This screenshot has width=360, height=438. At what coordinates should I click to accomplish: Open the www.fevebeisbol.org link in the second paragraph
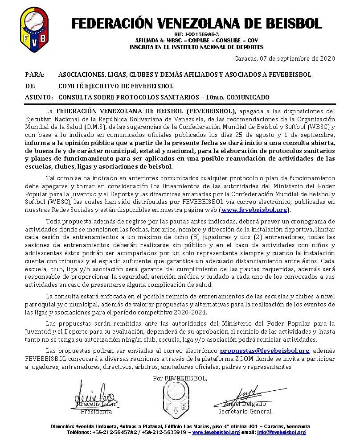(254, 209)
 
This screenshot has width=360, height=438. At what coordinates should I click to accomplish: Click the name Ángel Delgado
(245, 404)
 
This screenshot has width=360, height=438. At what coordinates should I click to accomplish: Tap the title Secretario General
(245, 411)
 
